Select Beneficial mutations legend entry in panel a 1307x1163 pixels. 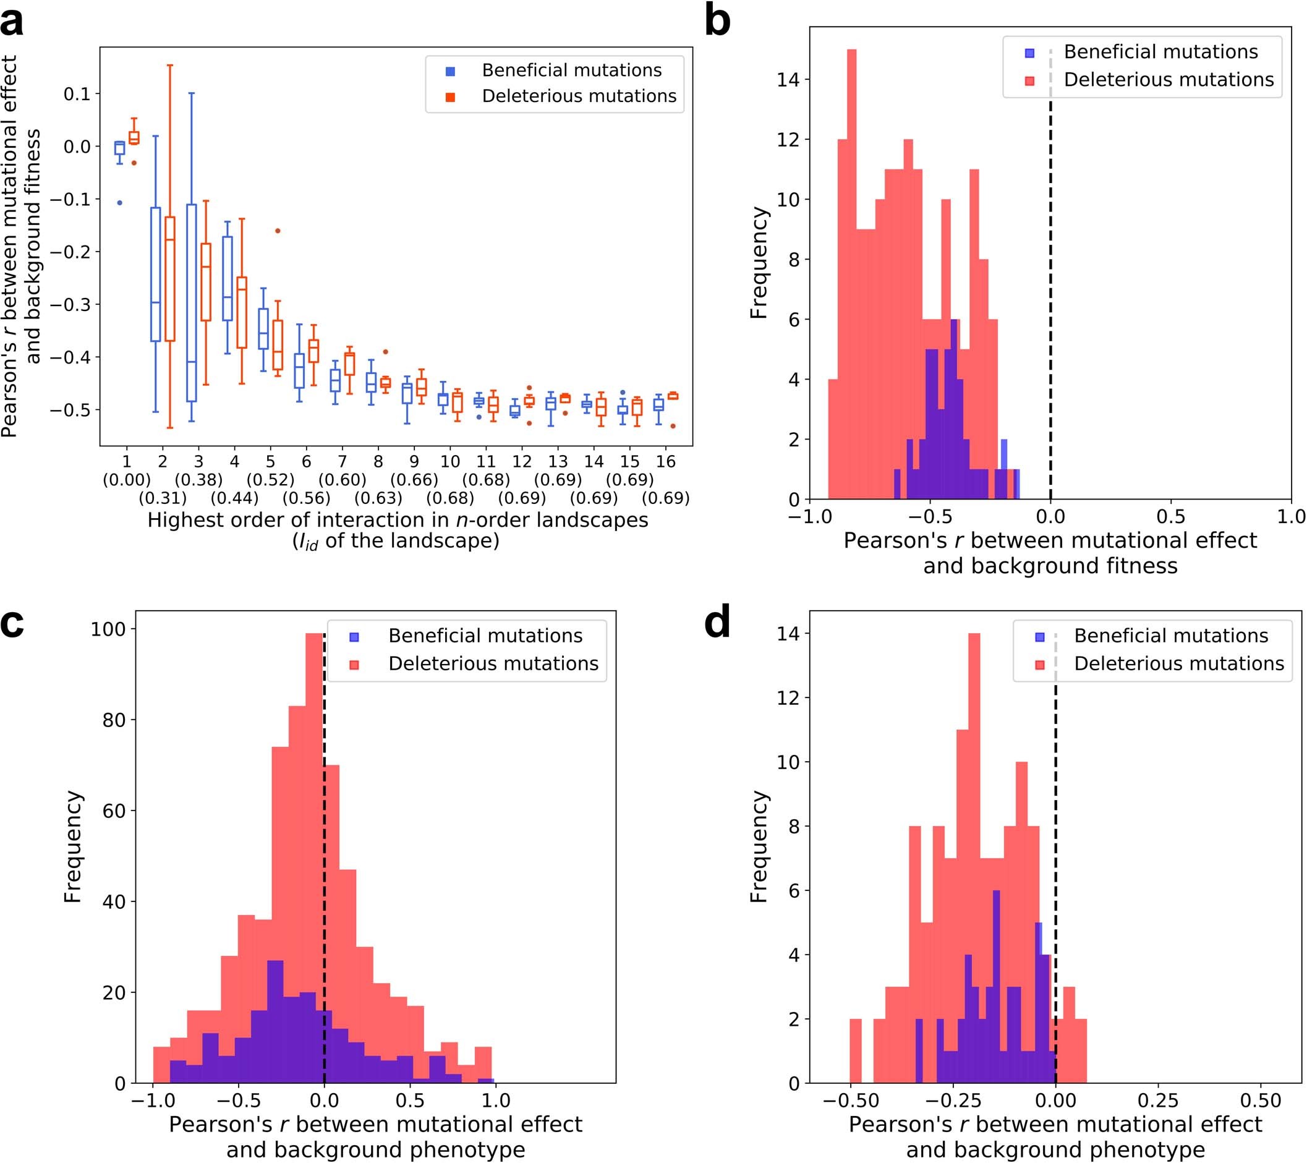[x=571, y=70]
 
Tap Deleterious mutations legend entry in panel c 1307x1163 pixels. [x=493, y=663]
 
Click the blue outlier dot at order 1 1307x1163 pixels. [x=119, y=203]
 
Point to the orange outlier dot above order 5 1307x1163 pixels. [x=278, y=231]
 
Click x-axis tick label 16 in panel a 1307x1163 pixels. [x=666, y=461]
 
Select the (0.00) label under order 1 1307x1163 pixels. [x=127, y=480]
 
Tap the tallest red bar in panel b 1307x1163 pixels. [x=851, y=275]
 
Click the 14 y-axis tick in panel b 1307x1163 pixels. [x=788, y=80]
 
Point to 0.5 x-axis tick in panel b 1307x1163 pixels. [x=1170, y=517]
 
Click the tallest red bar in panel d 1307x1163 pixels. [x=974, y=857]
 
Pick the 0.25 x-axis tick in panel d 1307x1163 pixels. [x=1157, y=1101]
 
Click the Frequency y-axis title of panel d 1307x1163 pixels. [x=759, y=847]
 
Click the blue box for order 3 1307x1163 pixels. [x=191, y=303]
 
